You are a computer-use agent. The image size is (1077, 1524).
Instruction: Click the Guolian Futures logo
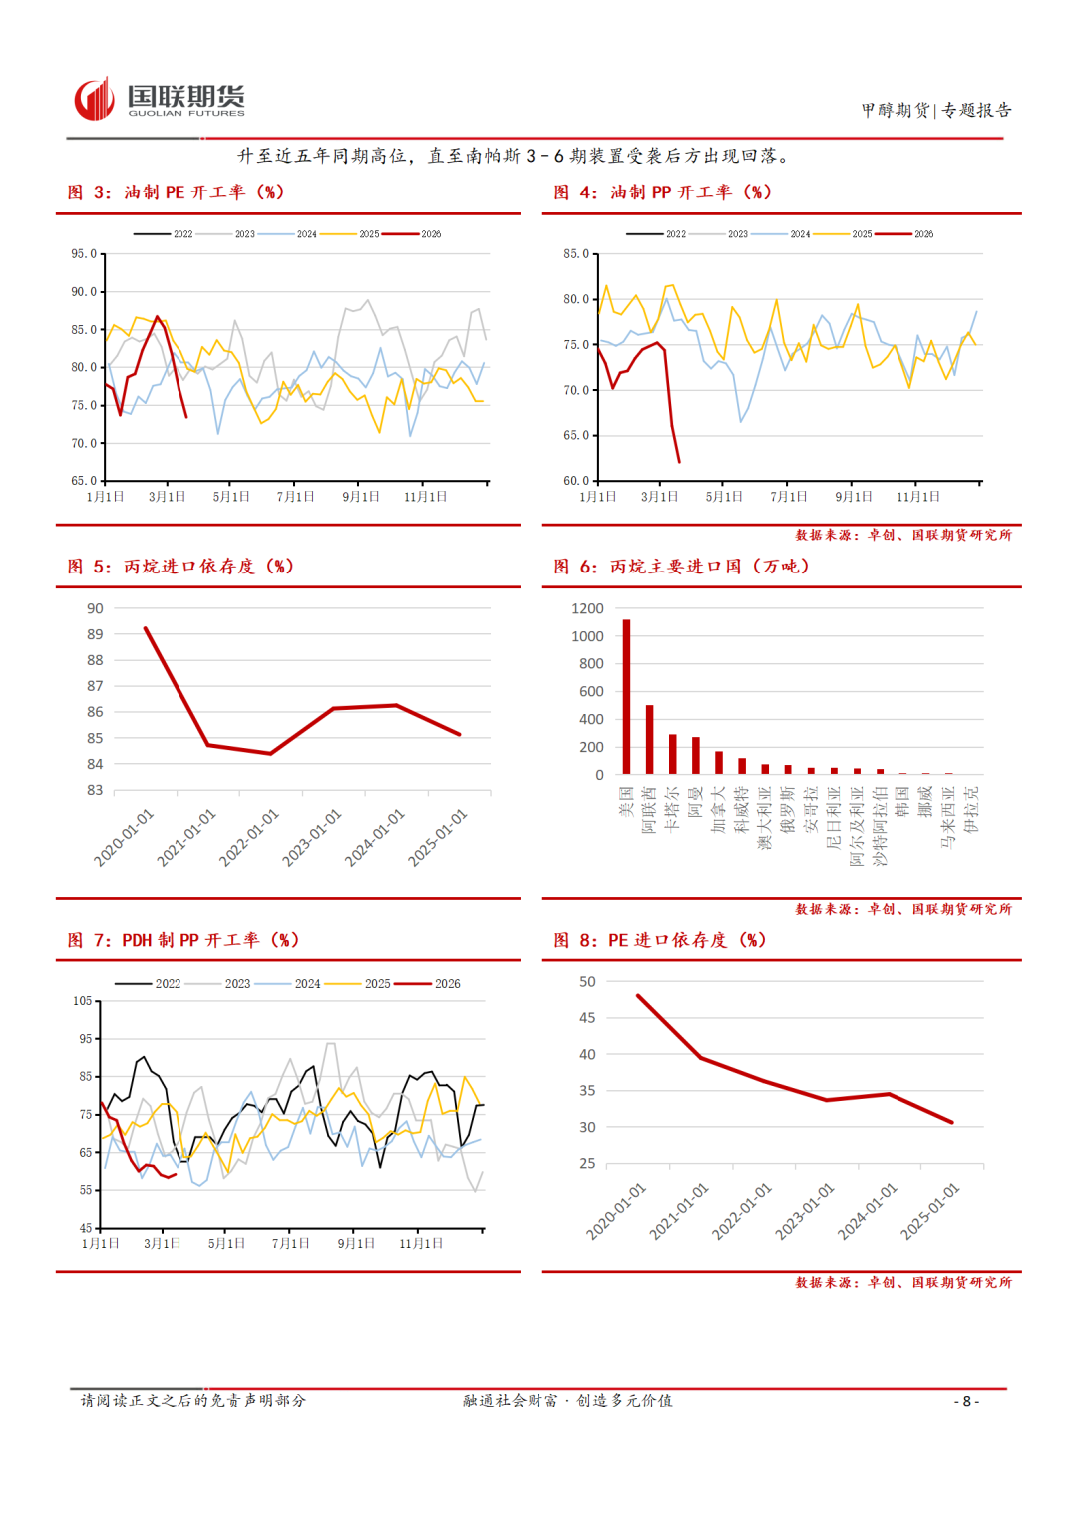tap(160, 100)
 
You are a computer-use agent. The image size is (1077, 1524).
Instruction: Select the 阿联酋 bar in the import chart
tap(649, 739)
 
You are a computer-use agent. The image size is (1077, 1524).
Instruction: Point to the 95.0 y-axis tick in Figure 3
tap(84, 254)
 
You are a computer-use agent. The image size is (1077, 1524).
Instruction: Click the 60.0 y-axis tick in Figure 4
tap(576, 481)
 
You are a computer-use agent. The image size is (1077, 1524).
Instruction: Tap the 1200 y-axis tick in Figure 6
tap(587, 608)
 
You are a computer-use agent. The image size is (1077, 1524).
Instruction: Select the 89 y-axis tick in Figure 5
tap(95, 634)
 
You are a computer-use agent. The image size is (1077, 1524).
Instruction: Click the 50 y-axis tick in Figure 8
tap(587, 982)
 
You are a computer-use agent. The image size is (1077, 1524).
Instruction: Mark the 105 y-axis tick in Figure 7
tap(82, 1001)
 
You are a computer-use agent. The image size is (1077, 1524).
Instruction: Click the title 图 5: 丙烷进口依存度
tap(179, 567)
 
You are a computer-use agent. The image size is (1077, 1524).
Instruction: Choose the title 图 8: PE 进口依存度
tap(659, 940)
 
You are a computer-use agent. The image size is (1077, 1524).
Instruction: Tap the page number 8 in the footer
tap(966, 1401)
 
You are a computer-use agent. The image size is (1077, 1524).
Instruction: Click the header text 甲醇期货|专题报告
tap(936, 110)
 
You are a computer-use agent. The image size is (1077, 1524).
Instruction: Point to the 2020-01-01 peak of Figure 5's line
tap(146, 628)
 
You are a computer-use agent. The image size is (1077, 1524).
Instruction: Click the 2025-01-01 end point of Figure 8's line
tap(951, 1122)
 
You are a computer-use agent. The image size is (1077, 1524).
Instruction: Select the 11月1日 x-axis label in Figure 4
tap(917, 497)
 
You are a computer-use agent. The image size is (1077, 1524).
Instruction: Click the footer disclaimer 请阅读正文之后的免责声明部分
tap(192, 1401)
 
